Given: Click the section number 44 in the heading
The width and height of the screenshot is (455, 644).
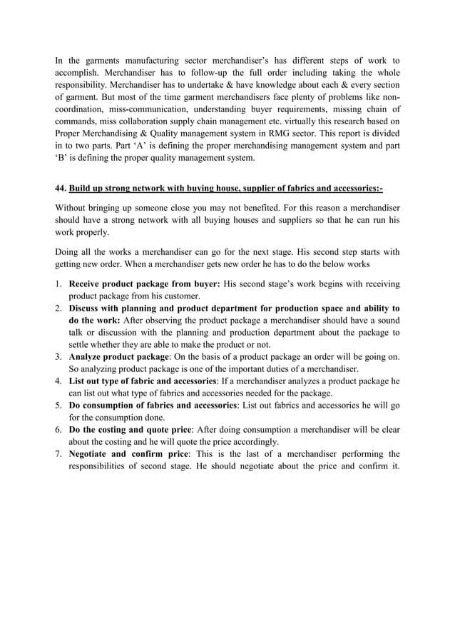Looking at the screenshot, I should pyautogui.click(x=60, y=188).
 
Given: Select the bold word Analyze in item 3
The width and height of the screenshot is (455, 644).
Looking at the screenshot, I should pyautogui.click(x=87, y=356).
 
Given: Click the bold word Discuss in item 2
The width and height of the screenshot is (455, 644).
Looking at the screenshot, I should pyautogui.click(x=86, y=308).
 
